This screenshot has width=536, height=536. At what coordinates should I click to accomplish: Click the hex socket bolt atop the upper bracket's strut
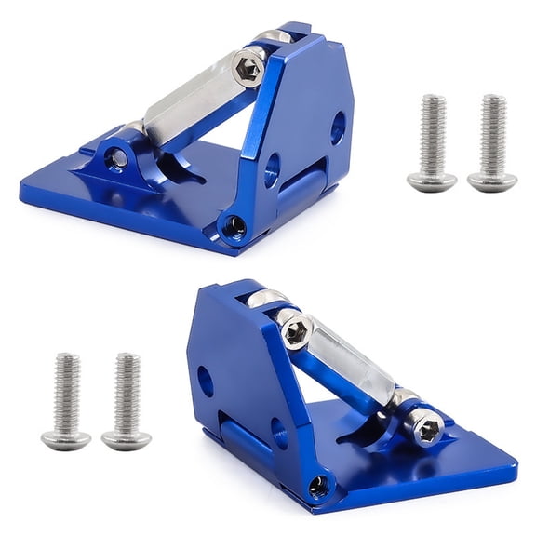point(249,68)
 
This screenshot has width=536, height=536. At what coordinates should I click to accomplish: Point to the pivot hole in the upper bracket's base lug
point(116,158)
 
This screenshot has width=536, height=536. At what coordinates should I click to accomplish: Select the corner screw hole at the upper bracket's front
point(233,225)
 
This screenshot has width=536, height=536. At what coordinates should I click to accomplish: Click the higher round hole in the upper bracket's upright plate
point(338,127)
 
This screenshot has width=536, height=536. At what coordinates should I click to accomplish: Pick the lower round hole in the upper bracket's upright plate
point(272,169)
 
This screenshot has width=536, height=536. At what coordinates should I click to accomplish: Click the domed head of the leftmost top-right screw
point(432,181)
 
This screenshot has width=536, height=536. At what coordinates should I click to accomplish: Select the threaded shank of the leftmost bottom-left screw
point(67,391)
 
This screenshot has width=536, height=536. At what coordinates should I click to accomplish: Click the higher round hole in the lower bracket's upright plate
point(206,379)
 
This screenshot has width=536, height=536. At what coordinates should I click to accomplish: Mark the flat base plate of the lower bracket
point(437,465)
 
